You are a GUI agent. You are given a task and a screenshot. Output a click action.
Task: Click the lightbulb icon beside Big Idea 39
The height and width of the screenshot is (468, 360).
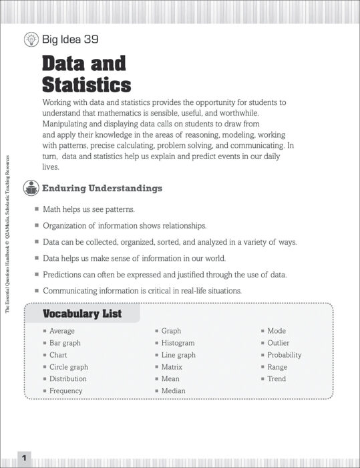(31, 39)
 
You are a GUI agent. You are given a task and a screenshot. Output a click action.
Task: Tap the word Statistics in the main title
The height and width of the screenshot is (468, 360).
(87, 85)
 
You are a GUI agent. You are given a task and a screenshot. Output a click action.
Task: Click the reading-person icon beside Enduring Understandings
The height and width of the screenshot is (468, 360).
(31, 189)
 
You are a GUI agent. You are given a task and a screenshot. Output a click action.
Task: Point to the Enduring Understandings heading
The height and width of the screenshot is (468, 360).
(102, 189)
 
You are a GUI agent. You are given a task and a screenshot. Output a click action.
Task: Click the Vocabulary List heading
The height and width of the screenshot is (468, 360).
(82, 314)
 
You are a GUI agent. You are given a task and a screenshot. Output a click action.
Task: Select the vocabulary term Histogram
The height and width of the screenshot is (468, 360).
(178, 343)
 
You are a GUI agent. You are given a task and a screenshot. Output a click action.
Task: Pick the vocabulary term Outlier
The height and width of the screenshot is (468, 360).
(279, 343)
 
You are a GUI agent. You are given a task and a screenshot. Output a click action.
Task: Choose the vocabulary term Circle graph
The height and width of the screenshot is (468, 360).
(69, 367)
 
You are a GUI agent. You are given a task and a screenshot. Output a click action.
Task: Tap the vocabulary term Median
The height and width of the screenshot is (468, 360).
(173, 390)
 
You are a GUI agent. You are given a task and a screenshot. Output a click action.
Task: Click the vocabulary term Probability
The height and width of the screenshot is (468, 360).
(285, 355)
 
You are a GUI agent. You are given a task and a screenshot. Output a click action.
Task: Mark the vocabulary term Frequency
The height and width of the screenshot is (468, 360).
(66, 390)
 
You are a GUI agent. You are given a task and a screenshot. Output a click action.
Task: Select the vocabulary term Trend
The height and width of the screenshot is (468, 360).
(277, 378)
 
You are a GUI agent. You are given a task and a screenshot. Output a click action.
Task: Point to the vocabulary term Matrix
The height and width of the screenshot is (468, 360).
(172, 367)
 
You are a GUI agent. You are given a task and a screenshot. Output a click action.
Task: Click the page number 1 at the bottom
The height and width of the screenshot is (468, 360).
(24, 459)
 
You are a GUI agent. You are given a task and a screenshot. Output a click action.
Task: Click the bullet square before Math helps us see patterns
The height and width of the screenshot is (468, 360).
(37, 209)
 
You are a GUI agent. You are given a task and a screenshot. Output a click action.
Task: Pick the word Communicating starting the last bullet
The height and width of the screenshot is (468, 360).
(74, 291)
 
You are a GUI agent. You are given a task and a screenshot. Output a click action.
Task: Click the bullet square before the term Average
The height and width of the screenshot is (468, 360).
(45, 331)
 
